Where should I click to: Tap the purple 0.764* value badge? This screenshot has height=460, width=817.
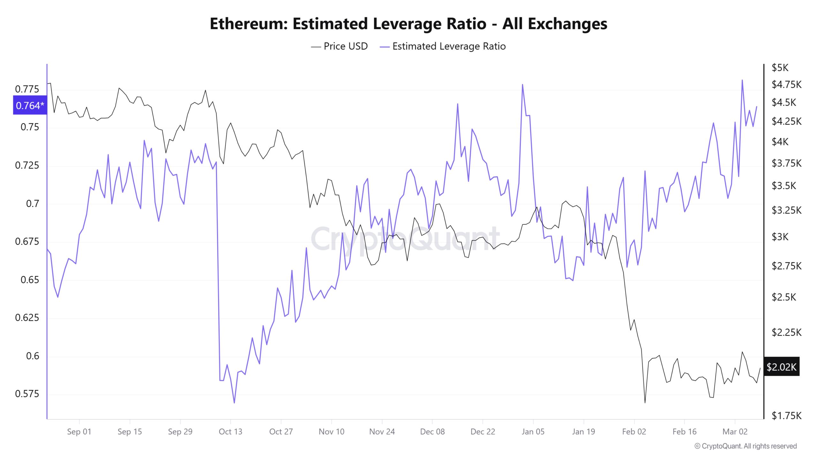(30, 105)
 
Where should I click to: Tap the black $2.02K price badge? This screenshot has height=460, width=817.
(781, 367)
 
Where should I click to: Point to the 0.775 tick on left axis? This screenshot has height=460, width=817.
(27, 89)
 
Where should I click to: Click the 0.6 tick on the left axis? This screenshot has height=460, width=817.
(32, 356)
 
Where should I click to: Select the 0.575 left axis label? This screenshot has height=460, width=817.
(27, 394)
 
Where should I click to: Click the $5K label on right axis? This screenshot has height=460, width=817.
(780, 67)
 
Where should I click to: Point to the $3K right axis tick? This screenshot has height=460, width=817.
(780, 237)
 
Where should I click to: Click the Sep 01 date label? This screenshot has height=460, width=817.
(79, 432)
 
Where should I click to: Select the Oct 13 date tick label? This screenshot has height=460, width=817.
(230, 432)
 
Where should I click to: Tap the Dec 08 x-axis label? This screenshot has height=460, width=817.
(432, 432)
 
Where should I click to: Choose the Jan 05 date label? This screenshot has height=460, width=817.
(533, 432)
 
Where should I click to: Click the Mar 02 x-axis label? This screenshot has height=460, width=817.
(735, 432)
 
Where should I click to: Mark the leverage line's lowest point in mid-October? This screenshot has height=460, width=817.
(234, 403)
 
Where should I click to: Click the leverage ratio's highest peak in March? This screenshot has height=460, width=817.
(742, 80)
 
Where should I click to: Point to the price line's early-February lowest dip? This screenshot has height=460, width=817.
(645, 402)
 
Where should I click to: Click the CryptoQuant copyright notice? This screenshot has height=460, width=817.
(746, 446)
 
